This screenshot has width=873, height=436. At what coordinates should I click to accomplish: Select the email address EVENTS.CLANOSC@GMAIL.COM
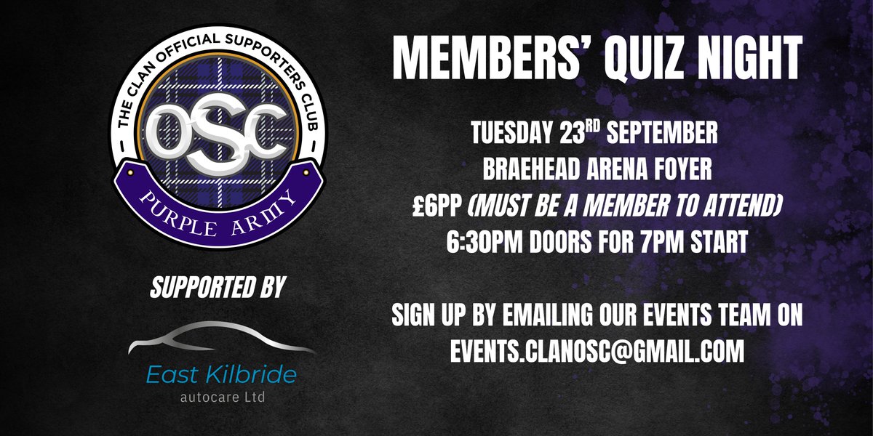(x=597, y=352)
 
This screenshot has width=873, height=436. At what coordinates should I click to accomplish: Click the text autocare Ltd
(x=218, y=397)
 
